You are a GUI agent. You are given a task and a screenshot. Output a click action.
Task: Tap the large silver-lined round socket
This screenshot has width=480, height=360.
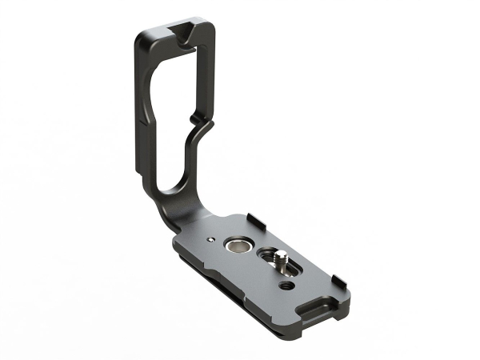(238, 243)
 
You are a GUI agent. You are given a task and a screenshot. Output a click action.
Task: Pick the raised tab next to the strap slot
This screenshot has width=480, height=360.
(338, 281)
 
